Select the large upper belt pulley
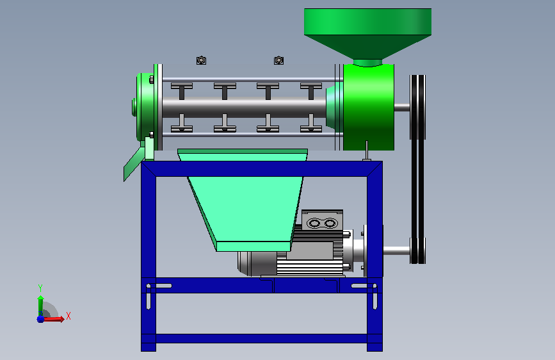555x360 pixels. pyautogui.click(x=417, y=107)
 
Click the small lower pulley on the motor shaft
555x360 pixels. pyautogui.click(x=417, y=250)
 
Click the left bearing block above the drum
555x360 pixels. pyautogui.click(x=201, y=60)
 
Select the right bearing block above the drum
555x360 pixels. pyautogui.click(x=278, y=60)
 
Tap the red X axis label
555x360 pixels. pyautogui.click(x=68, y=316)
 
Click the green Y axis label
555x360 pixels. pyautogui.click(x=40, y=288)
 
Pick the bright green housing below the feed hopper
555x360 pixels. pyautogui.click(x=369, y=107)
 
